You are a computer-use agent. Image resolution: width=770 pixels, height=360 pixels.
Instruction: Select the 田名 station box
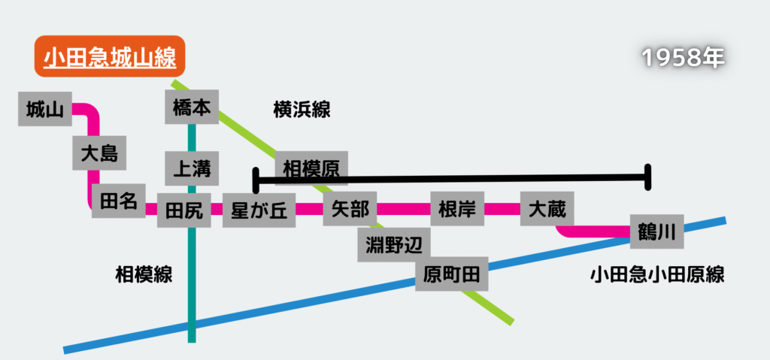click(118, 201)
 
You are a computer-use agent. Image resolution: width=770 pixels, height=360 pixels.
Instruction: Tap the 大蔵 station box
click(547, 208)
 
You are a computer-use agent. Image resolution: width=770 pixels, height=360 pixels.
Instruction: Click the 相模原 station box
click(311, 168)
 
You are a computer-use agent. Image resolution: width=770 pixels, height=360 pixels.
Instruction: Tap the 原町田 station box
click(452, 274)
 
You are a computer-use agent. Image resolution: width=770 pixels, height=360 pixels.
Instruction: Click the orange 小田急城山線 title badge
click(109, 56)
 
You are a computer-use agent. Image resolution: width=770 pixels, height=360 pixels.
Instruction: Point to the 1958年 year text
click(683, 58)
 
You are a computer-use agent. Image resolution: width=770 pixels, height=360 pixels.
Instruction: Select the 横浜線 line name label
click(302, 110)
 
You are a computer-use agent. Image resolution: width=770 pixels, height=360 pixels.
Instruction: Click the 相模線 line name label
click(144, 274)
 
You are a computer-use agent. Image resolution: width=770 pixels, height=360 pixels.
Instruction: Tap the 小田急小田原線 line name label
click(657, 274)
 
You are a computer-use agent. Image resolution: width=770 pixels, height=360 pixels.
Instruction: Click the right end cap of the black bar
click(647, 177)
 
